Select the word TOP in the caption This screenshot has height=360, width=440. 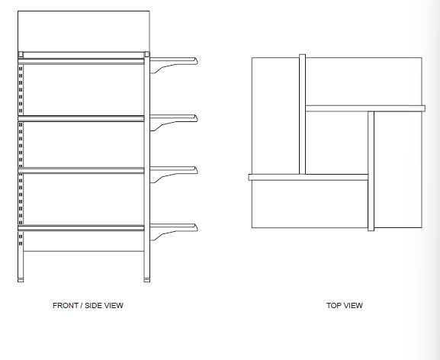333,306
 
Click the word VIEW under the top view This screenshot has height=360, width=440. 353,306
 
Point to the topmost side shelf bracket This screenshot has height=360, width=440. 174,65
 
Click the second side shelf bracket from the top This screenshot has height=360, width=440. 174,122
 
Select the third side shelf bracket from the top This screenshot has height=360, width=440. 174,174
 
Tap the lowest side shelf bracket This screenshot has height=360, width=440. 174,232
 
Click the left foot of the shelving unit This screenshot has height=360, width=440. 21,281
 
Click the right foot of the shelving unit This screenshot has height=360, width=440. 147,281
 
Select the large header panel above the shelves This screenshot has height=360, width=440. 84,31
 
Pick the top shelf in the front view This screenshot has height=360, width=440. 81,62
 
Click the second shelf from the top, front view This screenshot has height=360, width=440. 81,118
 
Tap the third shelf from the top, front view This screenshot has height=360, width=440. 81,170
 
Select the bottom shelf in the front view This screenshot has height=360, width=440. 81,228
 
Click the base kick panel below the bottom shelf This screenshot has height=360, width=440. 84,241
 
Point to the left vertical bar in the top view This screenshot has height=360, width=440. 302,114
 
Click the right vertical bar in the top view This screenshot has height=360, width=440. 371,171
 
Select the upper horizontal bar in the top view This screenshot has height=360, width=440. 365,108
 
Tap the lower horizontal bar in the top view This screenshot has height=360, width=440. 308,177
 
